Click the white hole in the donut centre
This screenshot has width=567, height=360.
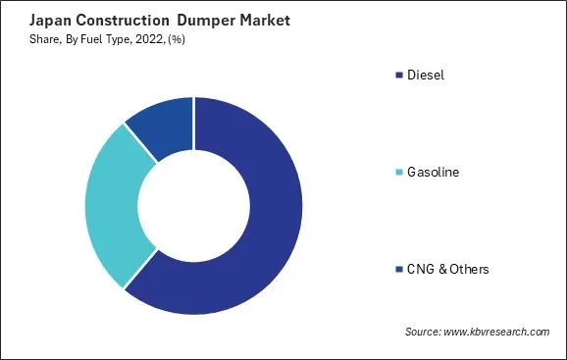(x=193, y=206)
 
